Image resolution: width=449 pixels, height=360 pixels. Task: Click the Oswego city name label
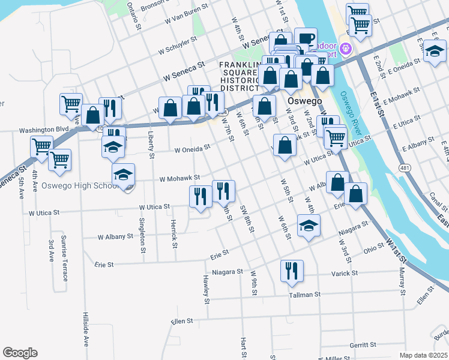pyautogui.click(x=304, y=101)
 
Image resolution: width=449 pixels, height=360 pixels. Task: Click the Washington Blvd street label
pyautogui.click(x=44, y=130)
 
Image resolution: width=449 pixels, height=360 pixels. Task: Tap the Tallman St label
pyautogui.click(x=305, y=295)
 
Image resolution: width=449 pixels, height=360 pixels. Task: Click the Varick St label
pyautogui.click(x=345, y=273)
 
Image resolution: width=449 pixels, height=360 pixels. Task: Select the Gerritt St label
pyautogui.click(x=363, y=345)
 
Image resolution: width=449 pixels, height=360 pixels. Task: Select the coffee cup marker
pyautogui.click(x=306, y=38)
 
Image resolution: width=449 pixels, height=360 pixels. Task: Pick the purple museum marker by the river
pyautogui.click(x=345, y=47)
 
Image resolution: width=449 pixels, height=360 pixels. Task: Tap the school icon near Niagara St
pyautogui.click(x=309, y=226)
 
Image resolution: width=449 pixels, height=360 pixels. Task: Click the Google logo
pyautogui.click(x=20, y=353)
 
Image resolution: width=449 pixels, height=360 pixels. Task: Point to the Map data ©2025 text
pyautogui.click(x=423, y=355)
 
